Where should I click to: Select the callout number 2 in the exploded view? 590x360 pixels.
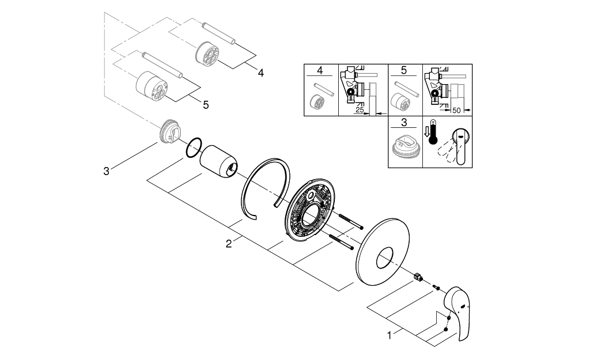229,244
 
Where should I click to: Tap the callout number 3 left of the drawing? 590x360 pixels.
106,171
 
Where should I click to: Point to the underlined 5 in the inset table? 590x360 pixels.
403,71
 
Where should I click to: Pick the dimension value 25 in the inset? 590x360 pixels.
360,109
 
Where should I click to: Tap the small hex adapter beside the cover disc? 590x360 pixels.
419,278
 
